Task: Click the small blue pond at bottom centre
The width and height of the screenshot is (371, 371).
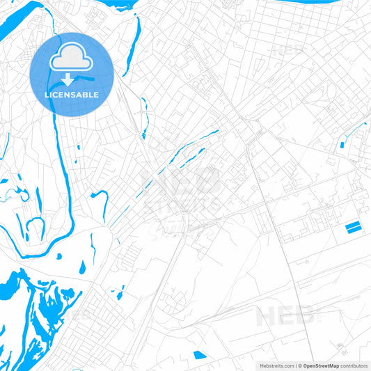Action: coord(200,355)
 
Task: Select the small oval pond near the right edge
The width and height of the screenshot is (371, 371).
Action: coord(342,145)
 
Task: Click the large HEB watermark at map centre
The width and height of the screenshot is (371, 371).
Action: coord(181,182)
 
